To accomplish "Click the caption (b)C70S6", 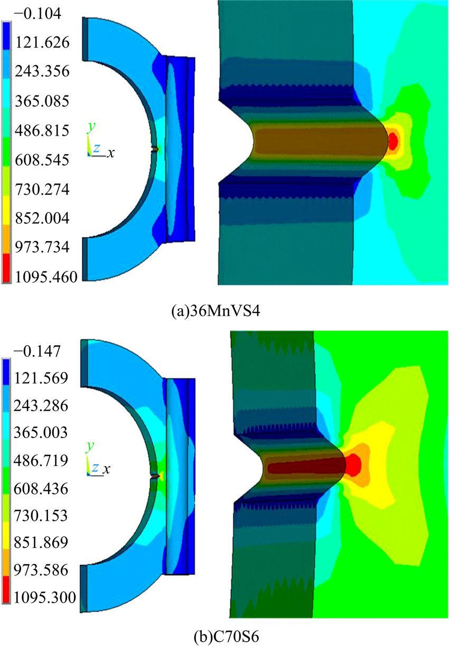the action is coord(226,636).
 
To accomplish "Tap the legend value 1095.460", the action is coord(46,277).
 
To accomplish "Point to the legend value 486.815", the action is coord(42,130).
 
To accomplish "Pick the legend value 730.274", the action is coord(42,189).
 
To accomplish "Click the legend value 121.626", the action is coord(42,43).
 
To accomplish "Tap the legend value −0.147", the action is coord(37,351).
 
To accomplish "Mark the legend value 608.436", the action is coord(41,489).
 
